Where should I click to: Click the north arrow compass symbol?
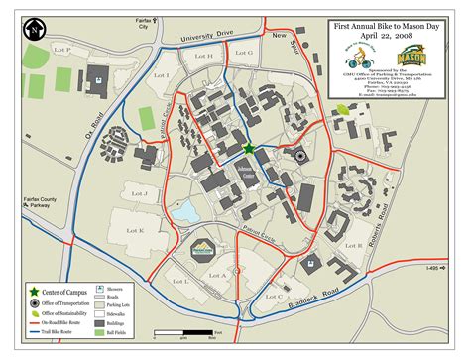[36, 31]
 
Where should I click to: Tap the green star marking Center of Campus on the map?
[248, 149]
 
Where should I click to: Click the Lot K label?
[135, 230]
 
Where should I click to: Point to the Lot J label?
[142, 194]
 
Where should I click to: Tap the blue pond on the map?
[184, 211]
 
